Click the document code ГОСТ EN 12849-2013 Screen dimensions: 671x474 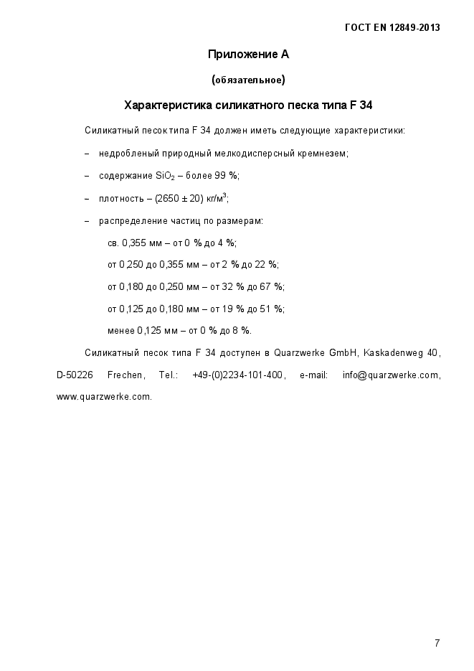click(392, 28)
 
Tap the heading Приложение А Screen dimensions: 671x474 click(248, 55)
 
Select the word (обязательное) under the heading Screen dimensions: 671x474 click(248, 80)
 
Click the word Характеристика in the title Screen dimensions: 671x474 click(168, 105)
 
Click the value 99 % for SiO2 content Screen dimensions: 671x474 click(227, 176)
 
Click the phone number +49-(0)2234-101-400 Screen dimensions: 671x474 click(239, 375)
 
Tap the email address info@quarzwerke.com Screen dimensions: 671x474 click(390, 375)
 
